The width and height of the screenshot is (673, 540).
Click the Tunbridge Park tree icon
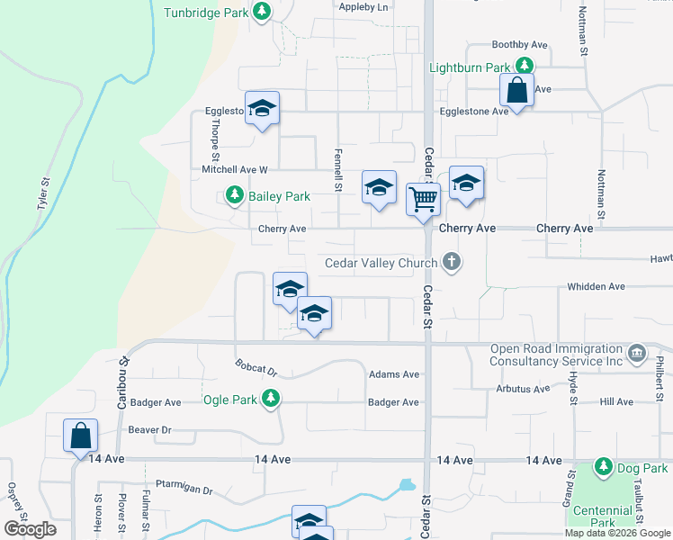pos(262,12)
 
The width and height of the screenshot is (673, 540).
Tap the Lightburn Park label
pos(470,67)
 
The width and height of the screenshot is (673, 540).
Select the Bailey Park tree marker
pos(234,195)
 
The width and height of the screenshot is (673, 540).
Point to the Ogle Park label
pos(229,400)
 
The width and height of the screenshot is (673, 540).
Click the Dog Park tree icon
pos(602,467)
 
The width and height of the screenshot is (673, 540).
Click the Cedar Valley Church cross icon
pos(452,263)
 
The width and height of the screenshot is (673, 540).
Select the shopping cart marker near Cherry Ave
pos(423,197)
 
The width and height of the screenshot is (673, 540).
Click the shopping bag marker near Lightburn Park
pos(517,89)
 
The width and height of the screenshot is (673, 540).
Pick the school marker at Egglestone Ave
pos(262,110)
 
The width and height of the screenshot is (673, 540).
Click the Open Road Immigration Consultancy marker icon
pos(638,351)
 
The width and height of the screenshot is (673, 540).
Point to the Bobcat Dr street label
pos(256,370)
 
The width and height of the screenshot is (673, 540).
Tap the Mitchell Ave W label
pos(235,169)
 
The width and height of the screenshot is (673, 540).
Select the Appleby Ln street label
pos(363,7)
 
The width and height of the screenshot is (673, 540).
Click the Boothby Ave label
pos(519,44)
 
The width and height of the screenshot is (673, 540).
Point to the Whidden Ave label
pos(596,286)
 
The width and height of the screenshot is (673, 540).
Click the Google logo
pos(31,529)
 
